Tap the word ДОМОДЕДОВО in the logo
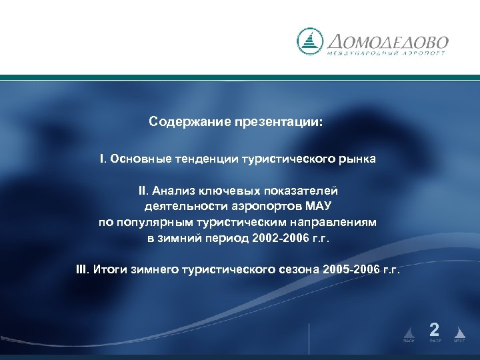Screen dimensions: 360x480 (387, 39)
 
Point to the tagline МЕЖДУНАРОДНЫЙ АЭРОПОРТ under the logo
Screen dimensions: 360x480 (387, 53)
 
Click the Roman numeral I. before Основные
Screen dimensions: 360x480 (103, 159)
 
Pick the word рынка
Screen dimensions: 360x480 (358, 159)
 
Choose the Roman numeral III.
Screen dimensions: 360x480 (83, 269)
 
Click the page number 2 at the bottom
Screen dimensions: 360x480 (434, 329)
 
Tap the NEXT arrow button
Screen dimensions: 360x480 (459, 333)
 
